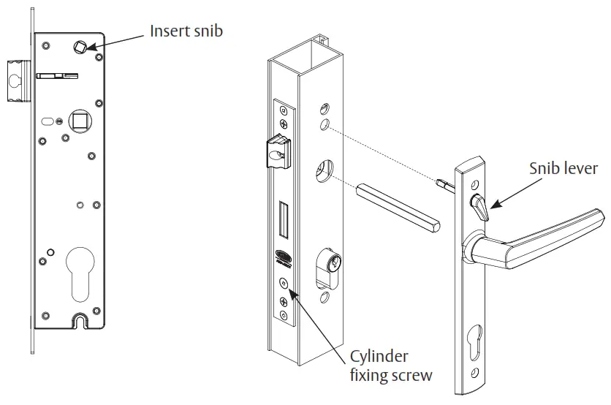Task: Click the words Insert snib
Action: coord(186,31)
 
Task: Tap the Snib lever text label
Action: coord(563,169)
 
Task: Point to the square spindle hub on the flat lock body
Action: coord(77,119)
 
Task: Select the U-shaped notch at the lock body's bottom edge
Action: coord(80,320)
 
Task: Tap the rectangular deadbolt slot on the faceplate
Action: coord(284,219)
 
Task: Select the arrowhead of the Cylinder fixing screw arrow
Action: coord(292,292)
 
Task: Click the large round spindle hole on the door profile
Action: coord(323,172)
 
